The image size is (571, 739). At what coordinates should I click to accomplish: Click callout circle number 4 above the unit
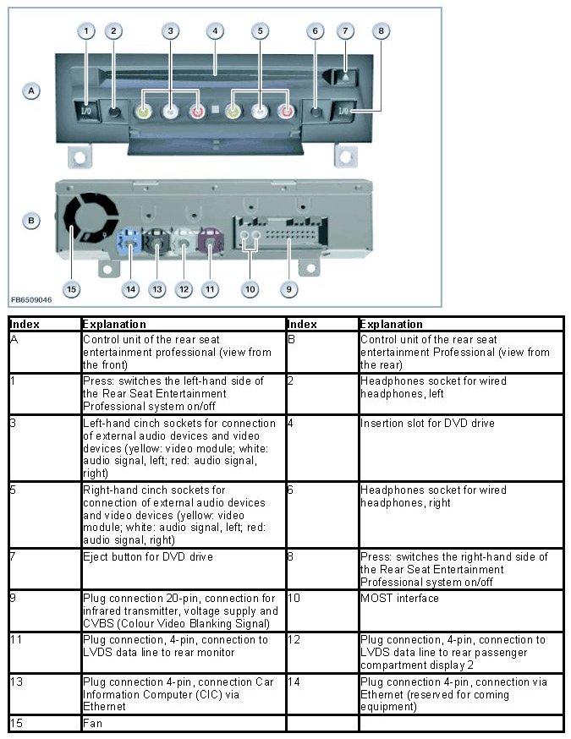(216, 31)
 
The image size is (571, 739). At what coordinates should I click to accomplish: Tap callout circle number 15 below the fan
(71, 289)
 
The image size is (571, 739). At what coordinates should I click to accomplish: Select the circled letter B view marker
(31, 222)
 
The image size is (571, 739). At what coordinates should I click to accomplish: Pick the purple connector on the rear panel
(209, 245)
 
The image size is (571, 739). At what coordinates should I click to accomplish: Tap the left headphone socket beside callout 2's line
(115, 111)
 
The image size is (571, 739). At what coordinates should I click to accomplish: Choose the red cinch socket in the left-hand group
(196, 111)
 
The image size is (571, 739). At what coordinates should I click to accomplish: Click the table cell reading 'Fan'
(93, 724)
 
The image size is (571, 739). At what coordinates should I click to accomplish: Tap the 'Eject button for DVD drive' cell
(148, 557)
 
